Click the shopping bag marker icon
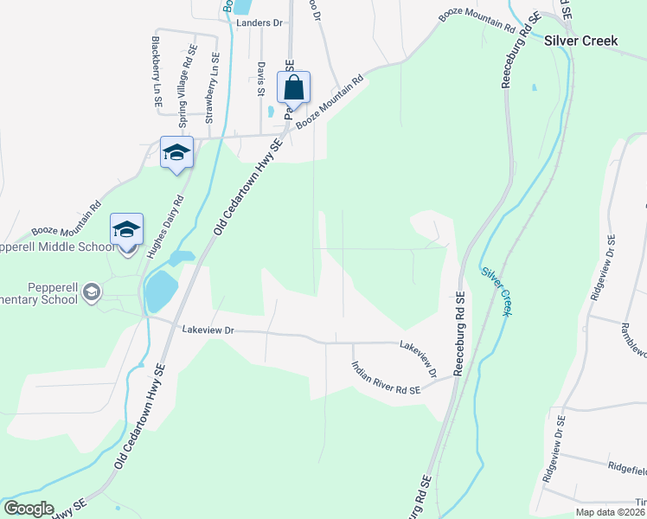point(293,88)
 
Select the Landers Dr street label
point(259,23)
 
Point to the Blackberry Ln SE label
point(157,72)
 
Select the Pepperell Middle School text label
point(57,247)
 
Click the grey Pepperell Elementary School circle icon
point(92,294)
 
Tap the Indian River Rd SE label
point(385,378)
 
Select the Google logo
point(29,509)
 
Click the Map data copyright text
point(611,512)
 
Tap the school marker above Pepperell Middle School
point(126,230)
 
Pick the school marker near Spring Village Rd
point(176,152)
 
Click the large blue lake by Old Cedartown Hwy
point(158,292)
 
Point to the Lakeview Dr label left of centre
point(208,330)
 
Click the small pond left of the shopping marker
point(272,111)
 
